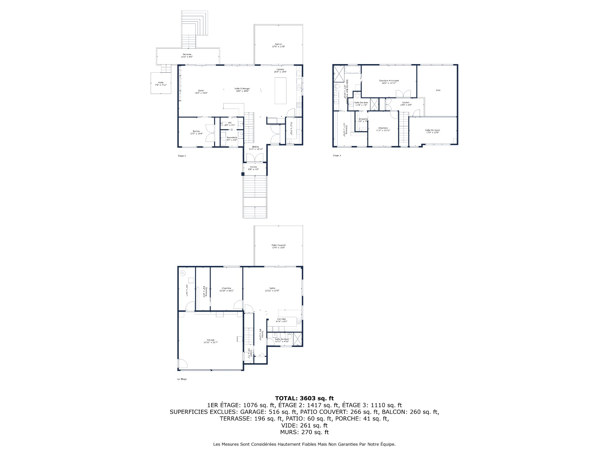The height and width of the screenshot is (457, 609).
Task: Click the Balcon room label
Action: tap(278, 44)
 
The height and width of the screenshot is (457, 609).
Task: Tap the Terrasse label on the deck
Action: tap(187, 55)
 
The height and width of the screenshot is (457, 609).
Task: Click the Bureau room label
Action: tap(196, 131)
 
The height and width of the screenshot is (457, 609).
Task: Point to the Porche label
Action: tap(253, 167)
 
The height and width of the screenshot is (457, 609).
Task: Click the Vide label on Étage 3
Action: tap(438, 90)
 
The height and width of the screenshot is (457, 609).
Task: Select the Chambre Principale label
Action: tap(389, 81)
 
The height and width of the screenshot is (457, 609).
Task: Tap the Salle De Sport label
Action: tap(432, 130)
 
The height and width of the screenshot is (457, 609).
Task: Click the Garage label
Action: tap(211, 340)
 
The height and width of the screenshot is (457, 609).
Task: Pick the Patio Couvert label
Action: tap(278, 245)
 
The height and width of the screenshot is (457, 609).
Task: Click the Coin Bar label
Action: tap(281, 319)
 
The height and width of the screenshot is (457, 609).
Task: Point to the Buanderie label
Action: tap(232, 137)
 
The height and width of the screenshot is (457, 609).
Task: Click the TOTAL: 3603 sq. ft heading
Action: tap(304, 398)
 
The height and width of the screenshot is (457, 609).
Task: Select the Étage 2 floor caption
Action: tap(182, 156)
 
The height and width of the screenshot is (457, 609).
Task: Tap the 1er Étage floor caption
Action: tap(181, 379)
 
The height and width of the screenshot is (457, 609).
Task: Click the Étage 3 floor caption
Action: tap(337, 156)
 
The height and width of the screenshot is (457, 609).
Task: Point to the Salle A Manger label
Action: tap(242, 89)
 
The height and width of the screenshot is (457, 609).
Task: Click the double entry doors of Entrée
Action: tap(255, 157)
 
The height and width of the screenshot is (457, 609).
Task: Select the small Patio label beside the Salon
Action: tap(161, 83)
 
